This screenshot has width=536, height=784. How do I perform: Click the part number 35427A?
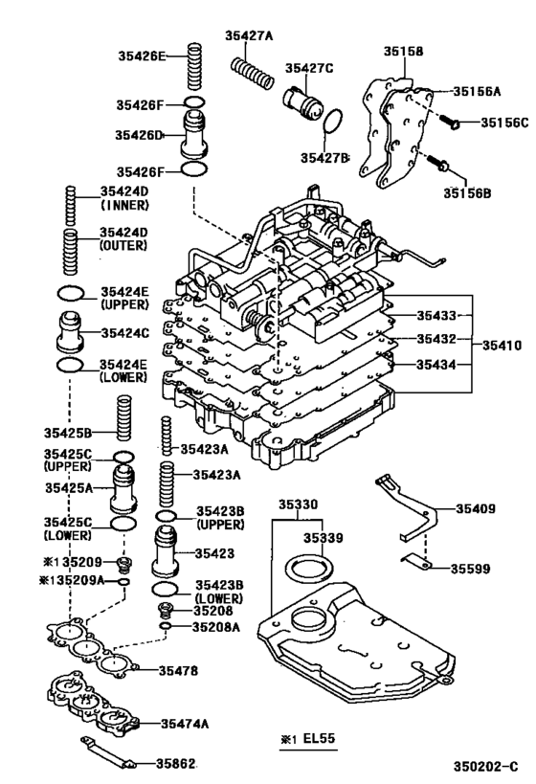point(249,35)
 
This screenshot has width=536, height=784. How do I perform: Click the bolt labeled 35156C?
point(450,121)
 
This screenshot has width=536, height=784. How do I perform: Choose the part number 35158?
point(403,51)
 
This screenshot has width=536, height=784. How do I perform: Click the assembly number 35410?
point(502,346)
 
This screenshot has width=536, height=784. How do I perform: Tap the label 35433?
point(436,316)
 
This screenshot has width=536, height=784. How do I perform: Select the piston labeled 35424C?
point(70,331)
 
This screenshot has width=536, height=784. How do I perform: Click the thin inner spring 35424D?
point(71,204)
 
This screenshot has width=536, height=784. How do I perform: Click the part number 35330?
point(298,504)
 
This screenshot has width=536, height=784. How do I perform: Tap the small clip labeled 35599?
point(416,562)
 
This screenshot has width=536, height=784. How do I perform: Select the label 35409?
point(476,508)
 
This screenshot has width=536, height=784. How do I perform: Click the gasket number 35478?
point(178,670)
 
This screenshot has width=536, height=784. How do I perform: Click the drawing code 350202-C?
point(486,767)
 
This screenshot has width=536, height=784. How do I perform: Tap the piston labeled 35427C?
point(303,101)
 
